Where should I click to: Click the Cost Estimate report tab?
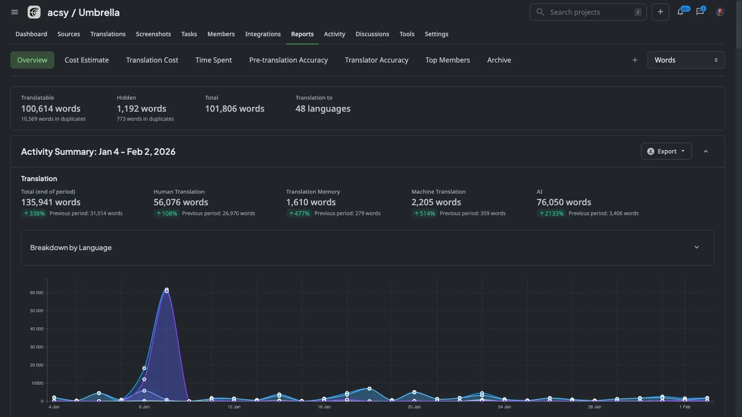[86, 60]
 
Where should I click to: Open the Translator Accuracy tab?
[376, 60]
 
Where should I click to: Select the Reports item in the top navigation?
[302, 34]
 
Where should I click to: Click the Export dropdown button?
[666, 151]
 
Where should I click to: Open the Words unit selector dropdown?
[685, 60]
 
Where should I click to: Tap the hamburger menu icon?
[15, 12]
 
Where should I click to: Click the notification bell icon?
[680, 12]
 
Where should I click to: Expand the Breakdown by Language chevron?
[696, 247]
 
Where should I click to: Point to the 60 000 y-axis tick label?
[37, 293]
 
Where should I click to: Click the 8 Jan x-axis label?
[144, 407]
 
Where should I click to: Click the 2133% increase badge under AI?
[551, 213]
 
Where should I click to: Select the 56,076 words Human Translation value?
[181, 202]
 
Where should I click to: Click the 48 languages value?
[323, 109]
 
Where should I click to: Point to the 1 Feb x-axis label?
[685, 407]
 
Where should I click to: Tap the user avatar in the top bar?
[720, 12]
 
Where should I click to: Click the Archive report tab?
[499, 60]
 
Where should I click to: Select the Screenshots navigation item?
[153, 34]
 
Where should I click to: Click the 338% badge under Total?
[34, 213]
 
